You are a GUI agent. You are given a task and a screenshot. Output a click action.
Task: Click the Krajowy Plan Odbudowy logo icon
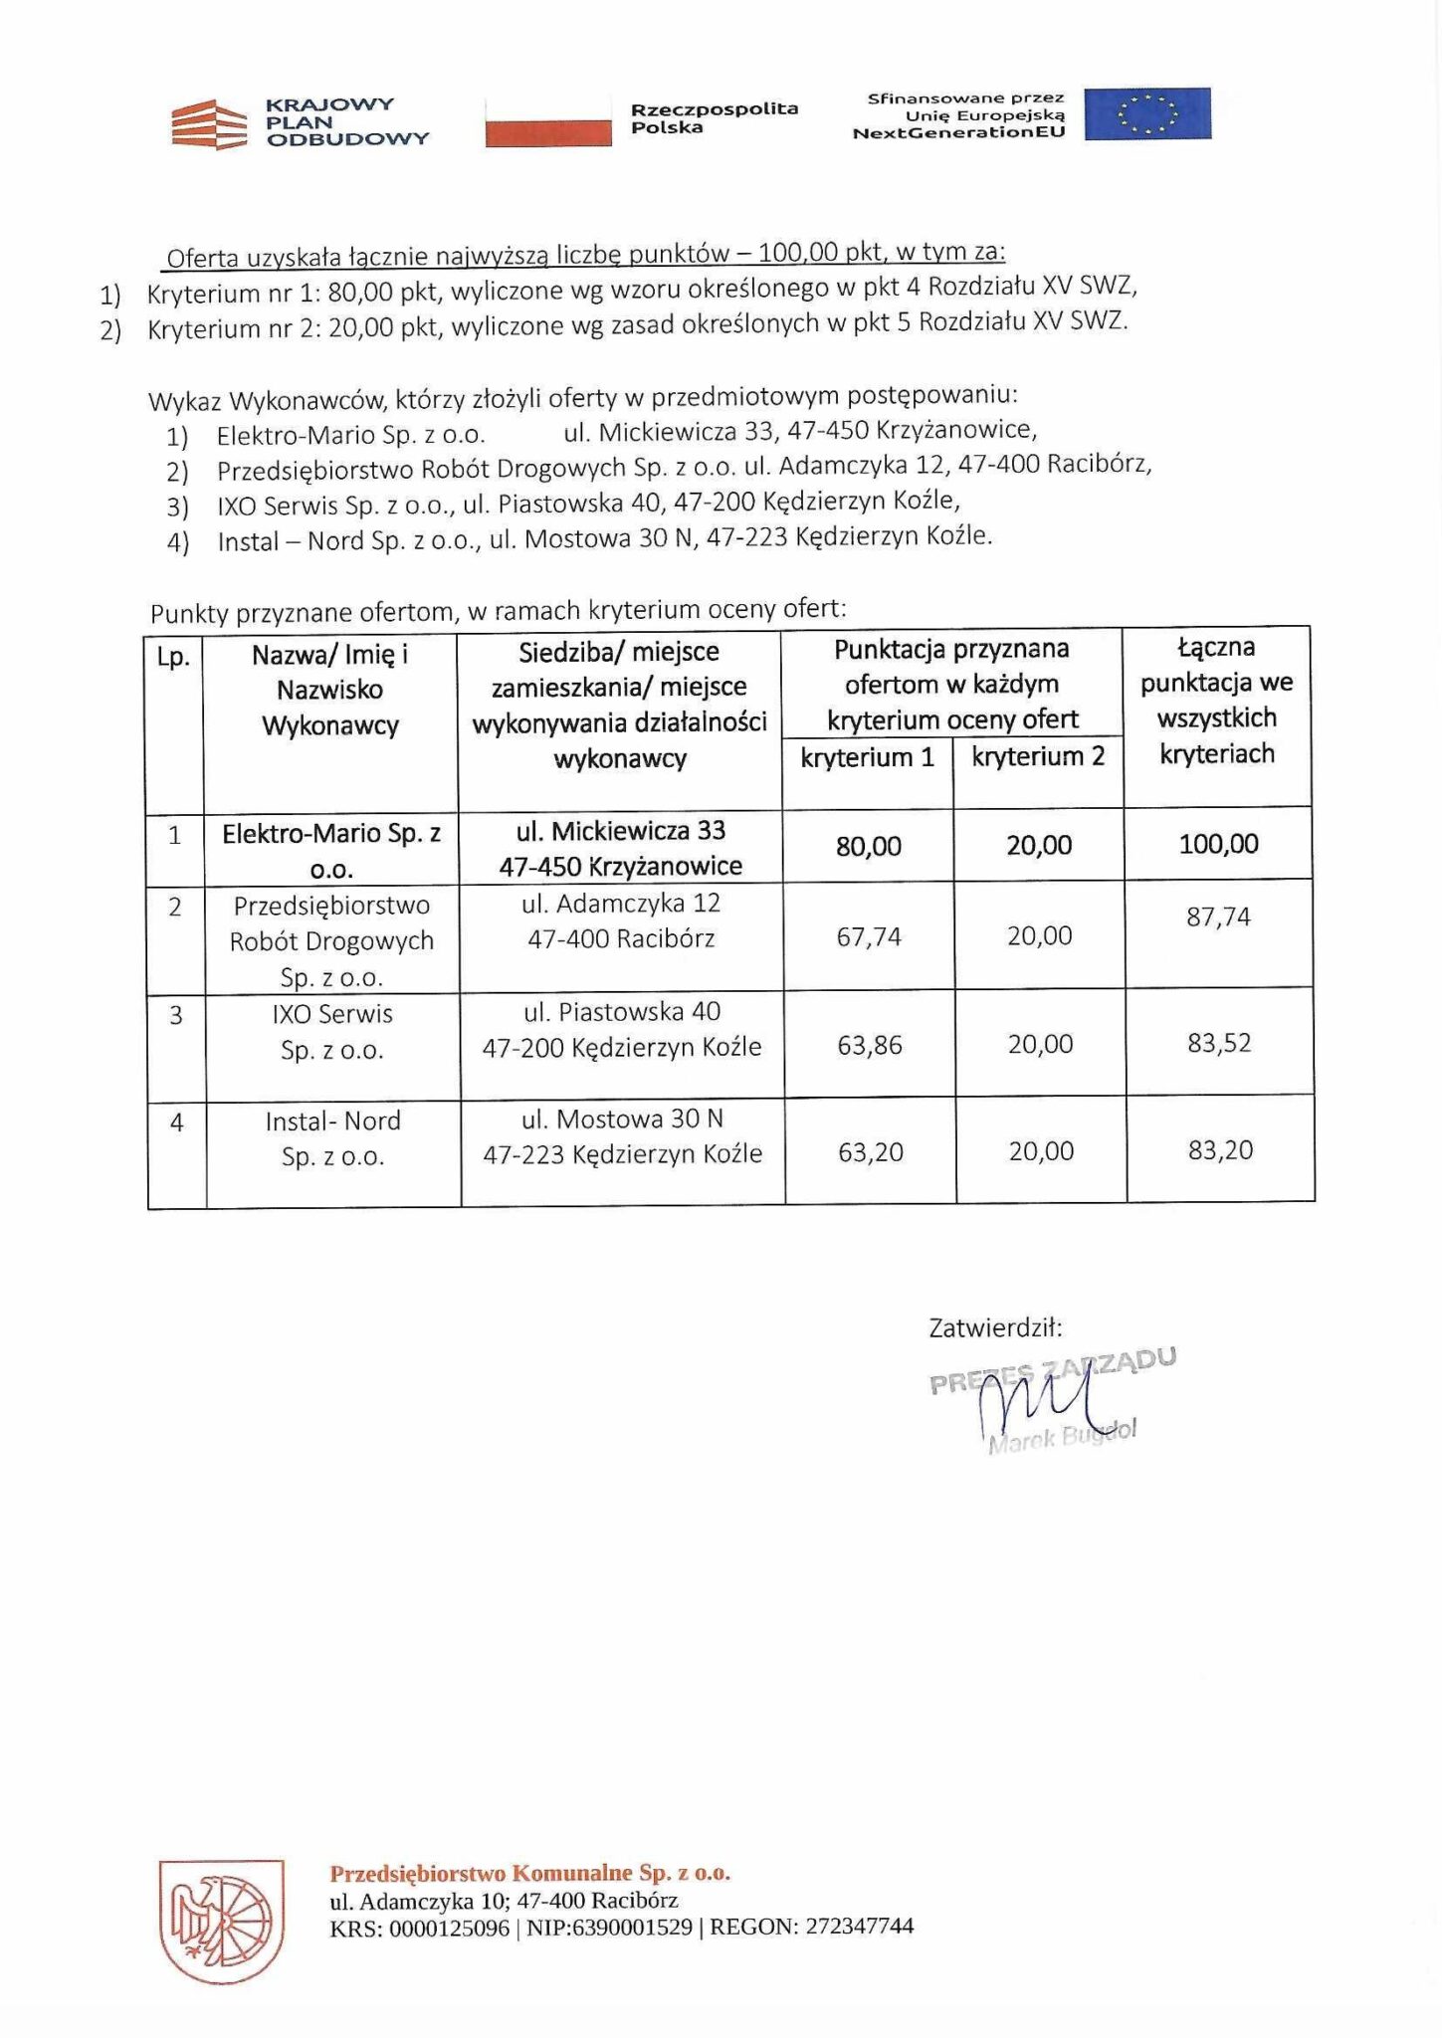coord(209,124)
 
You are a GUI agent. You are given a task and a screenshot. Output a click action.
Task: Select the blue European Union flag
coord(1146,113)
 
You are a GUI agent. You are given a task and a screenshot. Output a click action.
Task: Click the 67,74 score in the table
coord(869,937)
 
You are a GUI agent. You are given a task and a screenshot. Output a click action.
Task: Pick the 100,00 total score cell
coord(1218,845)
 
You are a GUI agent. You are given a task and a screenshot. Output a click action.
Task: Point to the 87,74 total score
coord(1218,917)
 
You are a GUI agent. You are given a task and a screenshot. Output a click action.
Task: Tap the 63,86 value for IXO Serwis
coord(870,1046)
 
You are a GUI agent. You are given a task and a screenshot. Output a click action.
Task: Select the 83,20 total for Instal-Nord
coord(1220,1151)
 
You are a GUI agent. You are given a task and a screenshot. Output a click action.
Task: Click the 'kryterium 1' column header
coord(867,758)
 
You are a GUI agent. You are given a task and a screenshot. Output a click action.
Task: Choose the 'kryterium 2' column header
coord(1038,757)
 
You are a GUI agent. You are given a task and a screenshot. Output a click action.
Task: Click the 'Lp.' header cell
coord(174,658)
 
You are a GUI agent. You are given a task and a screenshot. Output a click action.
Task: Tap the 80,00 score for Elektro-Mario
coord(868,847)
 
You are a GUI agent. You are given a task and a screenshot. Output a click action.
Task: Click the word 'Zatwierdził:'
coord(995,1328)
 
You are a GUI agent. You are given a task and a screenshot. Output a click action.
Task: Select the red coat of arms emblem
coord(222,1921)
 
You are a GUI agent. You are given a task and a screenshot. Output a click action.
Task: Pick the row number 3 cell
coord(176,1016)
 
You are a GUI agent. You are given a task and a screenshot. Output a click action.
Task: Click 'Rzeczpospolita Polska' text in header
coord(714,117)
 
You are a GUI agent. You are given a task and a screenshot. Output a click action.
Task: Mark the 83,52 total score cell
coord(1219,1044)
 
